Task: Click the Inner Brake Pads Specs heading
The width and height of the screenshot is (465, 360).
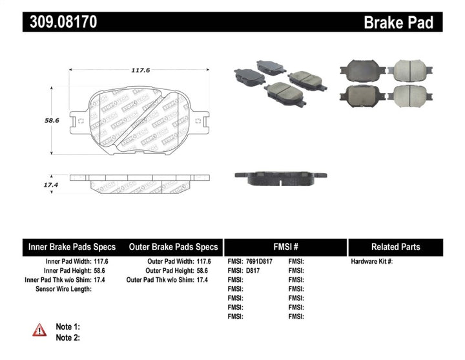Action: [72, 247]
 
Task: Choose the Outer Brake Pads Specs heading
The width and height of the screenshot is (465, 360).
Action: [173, 247]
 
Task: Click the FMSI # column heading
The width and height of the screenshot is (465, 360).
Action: [285, 247]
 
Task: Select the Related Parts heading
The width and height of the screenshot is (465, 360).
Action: [395, 247]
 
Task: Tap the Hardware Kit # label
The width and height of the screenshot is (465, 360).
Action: [371, 262]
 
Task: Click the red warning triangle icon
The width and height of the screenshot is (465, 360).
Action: [39, 330]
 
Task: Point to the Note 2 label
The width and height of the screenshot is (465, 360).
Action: [68, 337]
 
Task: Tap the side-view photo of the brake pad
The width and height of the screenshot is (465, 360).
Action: [280, 178]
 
